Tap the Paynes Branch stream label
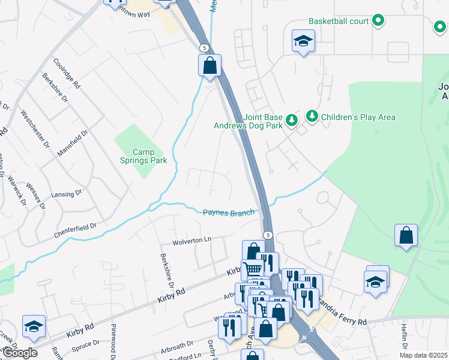tap(229, 212)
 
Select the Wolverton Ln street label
tap(192, 240)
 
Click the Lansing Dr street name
tap(67, 194)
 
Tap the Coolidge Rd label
tap(67, 74)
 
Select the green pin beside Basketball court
tap(378, 22)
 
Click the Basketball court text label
tap(339, 22)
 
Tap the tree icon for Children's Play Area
tap(312, 116)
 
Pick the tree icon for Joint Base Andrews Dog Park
tap(291, 120)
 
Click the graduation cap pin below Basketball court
tap(303, 41)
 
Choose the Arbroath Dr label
tap(177, 348)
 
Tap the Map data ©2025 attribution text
tap(423, 355)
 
